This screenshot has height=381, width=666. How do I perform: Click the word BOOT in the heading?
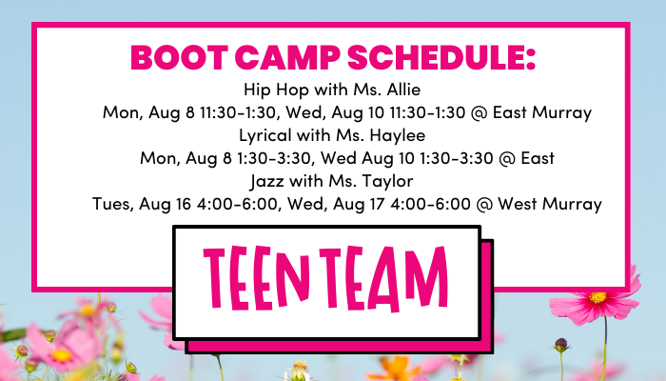179,57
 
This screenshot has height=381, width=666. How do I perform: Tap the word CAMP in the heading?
287,57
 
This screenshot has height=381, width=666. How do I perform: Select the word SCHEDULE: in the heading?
441,57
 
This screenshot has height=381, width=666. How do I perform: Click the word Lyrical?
265,135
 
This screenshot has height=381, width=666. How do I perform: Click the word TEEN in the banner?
257,278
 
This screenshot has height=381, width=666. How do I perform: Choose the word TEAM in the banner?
383,278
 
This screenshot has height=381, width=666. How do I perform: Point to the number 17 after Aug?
377,204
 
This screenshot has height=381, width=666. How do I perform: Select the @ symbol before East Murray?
480,112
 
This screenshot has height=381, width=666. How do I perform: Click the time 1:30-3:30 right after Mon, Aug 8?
274,158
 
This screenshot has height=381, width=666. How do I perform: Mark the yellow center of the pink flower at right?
597,297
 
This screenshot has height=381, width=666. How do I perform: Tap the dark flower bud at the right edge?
560,345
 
